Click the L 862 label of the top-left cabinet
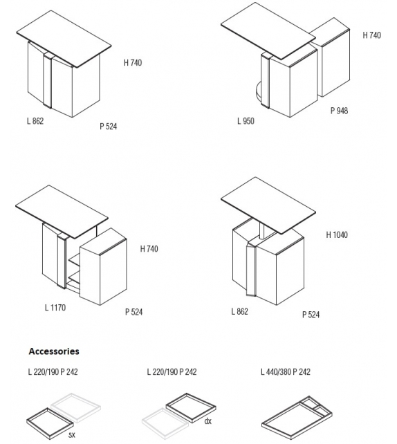(x=35, y=121)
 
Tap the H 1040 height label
(x=337, y=234)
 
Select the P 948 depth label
(x=339, y=111)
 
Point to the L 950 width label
(x=246, y=121)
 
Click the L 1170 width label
(x=55, y=308)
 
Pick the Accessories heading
(x=54, y=351)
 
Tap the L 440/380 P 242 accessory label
(x=286, y=372)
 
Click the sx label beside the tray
(x=72, y=434)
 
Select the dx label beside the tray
(x=208, y=421)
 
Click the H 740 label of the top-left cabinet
(x=133, y=62)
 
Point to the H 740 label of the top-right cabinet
(x=372, y=35)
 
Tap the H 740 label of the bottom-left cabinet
(x=149, y=249)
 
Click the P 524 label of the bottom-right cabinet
(x=311, y=315)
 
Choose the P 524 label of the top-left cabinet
(x=108, y=127)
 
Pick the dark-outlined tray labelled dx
(x=191, y=408)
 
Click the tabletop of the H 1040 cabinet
(x=268, y=205)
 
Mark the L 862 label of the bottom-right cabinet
(x=239, y=311)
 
